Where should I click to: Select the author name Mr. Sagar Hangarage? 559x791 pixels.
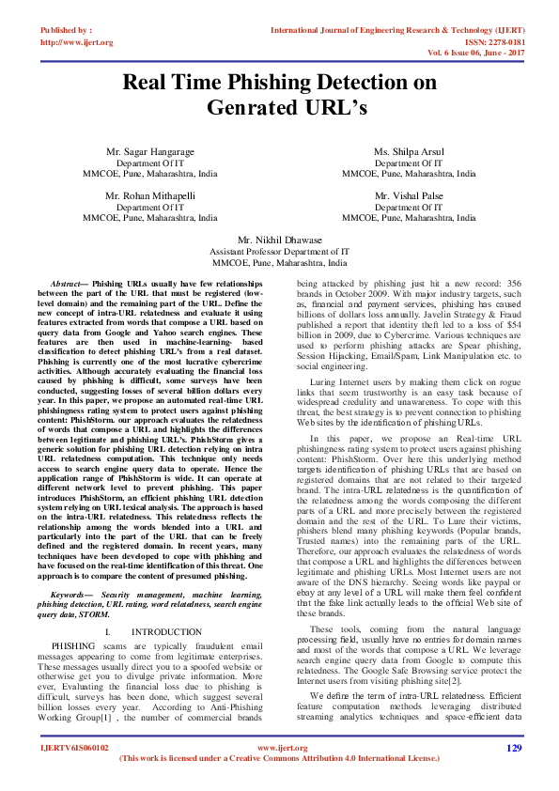150,151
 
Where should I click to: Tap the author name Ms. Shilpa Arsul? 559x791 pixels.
409,151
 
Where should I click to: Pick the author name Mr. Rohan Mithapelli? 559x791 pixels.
150,196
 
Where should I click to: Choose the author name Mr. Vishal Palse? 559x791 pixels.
409,196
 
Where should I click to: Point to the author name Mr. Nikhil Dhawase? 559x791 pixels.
279,240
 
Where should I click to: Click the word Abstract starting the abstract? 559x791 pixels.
66,282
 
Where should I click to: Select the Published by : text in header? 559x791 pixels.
66,31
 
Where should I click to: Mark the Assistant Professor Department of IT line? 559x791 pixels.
279,252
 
